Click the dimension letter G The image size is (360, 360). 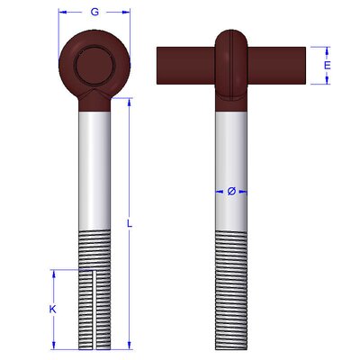tap(94, 12)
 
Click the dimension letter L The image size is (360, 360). tap(130, 223)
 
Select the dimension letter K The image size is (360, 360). tap(53, 309)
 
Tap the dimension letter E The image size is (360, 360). tap(327, 65)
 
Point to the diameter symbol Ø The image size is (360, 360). tap(231, 192)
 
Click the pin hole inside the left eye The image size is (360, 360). tap(94, 67)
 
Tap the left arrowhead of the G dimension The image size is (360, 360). tap(62, 12)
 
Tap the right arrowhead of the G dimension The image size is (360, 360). tap(127, 12)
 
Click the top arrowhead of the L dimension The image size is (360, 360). tap(130, 102)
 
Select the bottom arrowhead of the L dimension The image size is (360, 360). tap(130, 346)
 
